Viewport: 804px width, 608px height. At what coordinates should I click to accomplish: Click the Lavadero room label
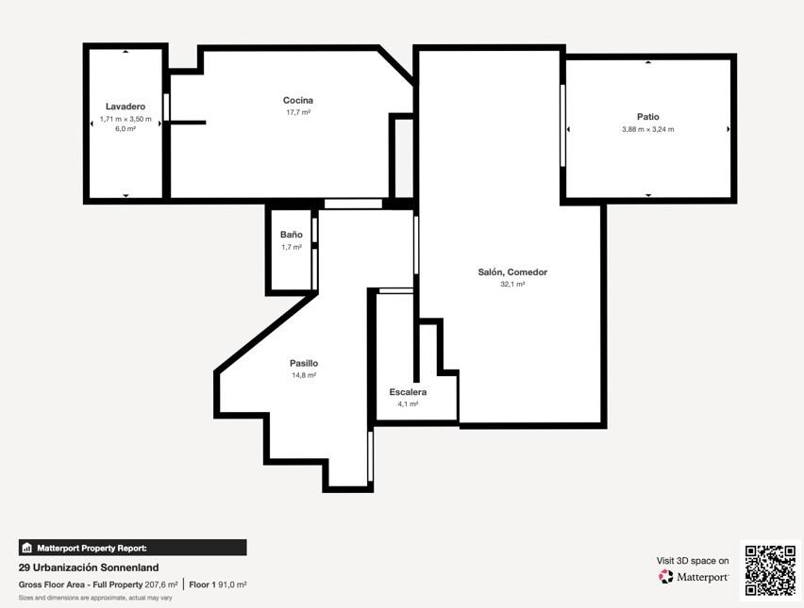click(126, 107)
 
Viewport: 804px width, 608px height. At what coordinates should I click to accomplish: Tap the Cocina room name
click(298, 101)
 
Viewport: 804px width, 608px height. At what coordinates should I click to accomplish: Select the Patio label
click(648, 117)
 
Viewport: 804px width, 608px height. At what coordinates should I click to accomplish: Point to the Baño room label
click(292, 235)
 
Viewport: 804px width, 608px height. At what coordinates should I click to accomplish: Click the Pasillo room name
click(304, 363)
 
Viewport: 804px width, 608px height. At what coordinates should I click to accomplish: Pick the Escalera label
click(408, 392)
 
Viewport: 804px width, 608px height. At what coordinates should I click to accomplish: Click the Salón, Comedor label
click(512, 272)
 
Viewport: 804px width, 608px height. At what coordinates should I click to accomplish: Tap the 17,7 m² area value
click(298, 112)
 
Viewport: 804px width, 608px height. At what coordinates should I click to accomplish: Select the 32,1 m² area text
click(512, 285)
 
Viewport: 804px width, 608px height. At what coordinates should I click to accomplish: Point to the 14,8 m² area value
click(304, 375)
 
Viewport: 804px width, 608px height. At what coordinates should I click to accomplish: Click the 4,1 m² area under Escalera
click(408, 404)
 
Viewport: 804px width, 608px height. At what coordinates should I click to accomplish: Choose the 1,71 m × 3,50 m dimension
click(126, 119)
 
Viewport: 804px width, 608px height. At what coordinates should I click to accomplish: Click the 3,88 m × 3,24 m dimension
click(648, 129)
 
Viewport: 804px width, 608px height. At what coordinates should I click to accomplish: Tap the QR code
click(770, 570)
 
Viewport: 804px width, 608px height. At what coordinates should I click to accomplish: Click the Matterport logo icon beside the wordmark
click(665, 577)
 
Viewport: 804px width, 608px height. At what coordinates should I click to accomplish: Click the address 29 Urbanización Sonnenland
click(89, 567)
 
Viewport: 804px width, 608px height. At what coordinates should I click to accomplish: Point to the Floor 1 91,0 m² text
click(218, 584)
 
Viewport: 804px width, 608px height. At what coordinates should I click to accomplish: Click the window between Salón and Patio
click(562, 125)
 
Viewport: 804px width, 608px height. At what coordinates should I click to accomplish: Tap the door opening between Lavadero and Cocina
click(166, 107)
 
